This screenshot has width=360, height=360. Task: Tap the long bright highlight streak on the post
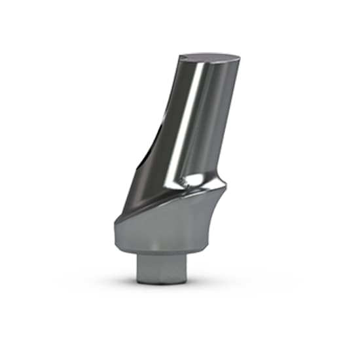pyautogui.click(x=185, y=118)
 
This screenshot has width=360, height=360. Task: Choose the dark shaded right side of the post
pyautogui.click(x=219, y=124)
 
